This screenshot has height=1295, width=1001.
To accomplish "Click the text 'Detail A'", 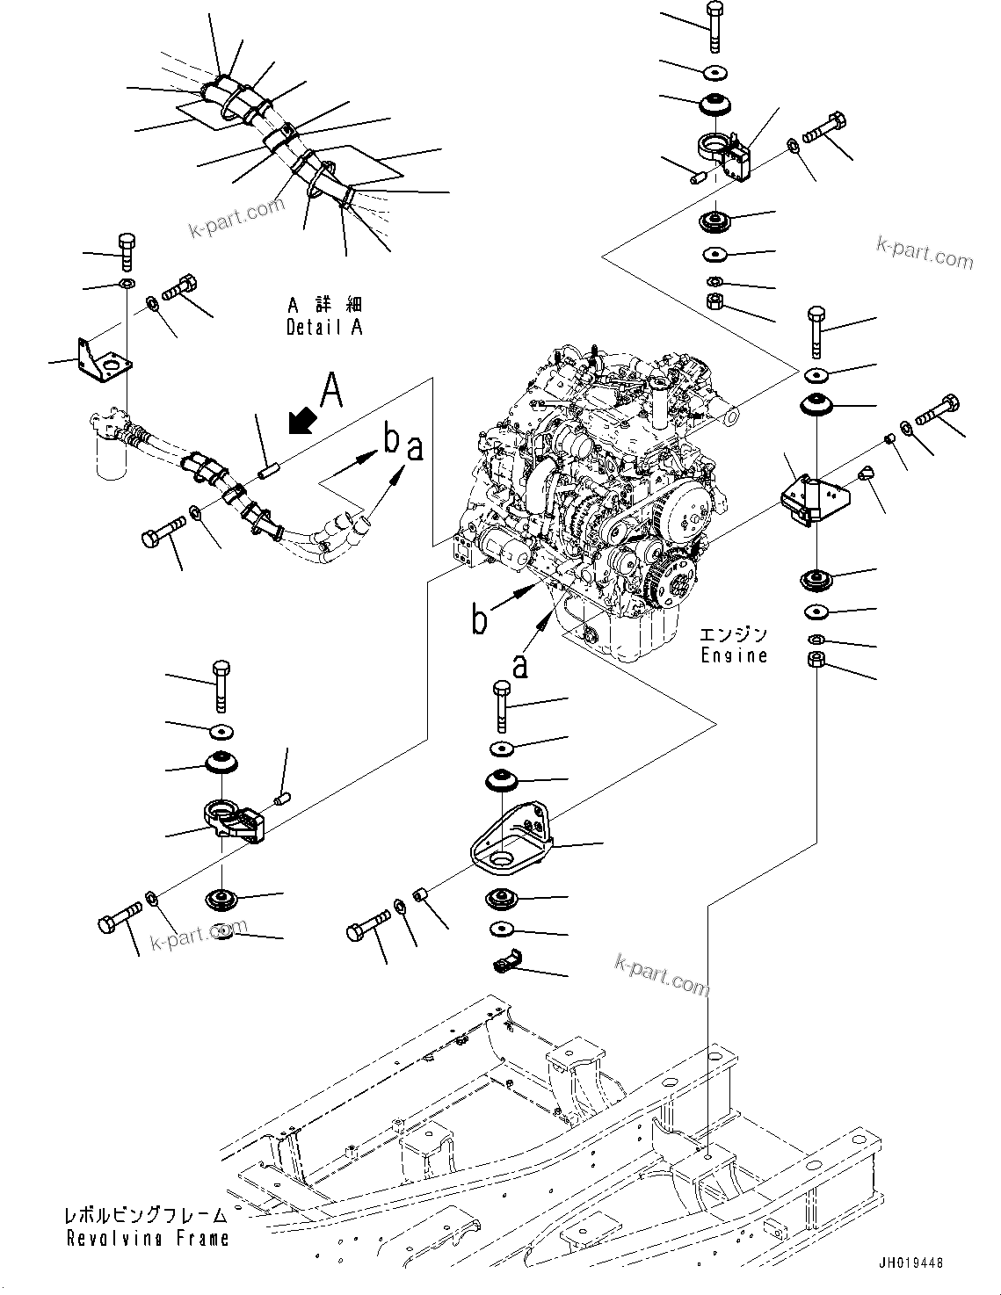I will click(x=323, y=328).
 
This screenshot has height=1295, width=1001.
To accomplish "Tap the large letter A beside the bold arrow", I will click(x=330, y=391).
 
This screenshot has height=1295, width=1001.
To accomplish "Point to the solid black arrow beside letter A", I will click(x=301, y=421).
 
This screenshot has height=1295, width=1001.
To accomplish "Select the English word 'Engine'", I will click(x=734, y=655).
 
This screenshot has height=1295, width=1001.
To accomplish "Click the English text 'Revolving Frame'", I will click(x=148, y=1239).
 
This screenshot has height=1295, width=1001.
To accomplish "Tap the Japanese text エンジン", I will click(x=734, y=634).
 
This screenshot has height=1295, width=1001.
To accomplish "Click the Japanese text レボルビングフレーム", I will click(x=146, y=1216).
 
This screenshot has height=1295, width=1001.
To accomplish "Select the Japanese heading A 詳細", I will click(x=324, y=306).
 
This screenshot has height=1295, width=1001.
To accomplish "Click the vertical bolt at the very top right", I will click(x=713, y=27).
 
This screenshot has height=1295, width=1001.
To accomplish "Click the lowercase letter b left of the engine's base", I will click(x=480, y=620).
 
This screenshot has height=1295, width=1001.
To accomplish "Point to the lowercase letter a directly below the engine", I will click(x=520, y=665).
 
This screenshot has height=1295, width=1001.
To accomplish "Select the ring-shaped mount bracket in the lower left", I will click(x=233, y=818).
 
